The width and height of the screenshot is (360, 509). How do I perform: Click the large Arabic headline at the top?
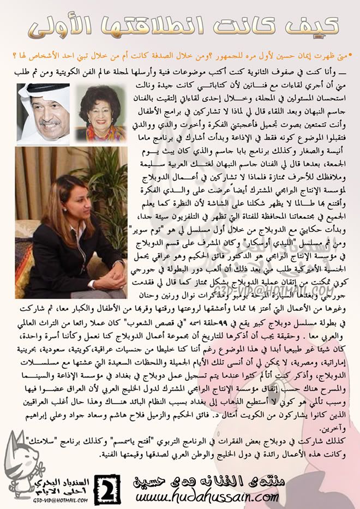(180, 25)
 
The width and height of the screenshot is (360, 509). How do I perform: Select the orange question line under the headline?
(180, 54)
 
